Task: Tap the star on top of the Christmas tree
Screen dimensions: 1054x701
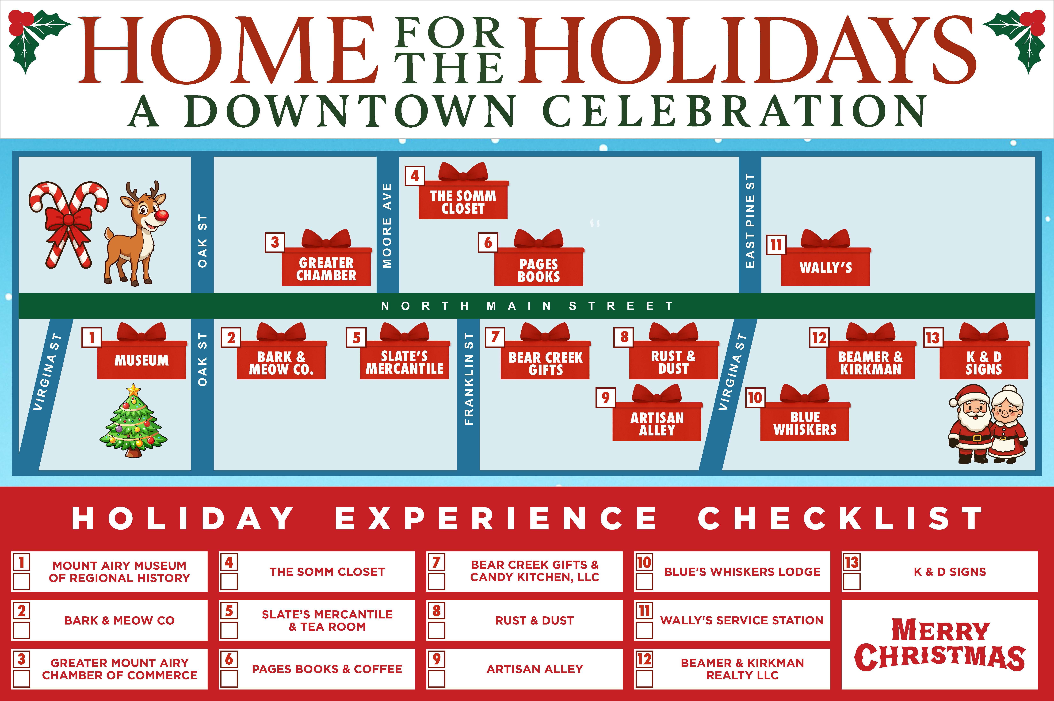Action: coord(133,390)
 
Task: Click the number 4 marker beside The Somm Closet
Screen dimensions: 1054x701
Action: coord(415,176)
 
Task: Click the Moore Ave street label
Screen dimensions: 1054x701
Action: coord(387,226)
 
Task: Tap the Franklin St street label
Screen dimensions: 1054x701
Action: coord(468,379)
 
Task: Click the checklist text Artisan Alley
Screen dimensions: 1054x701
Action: coord(535,669)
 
